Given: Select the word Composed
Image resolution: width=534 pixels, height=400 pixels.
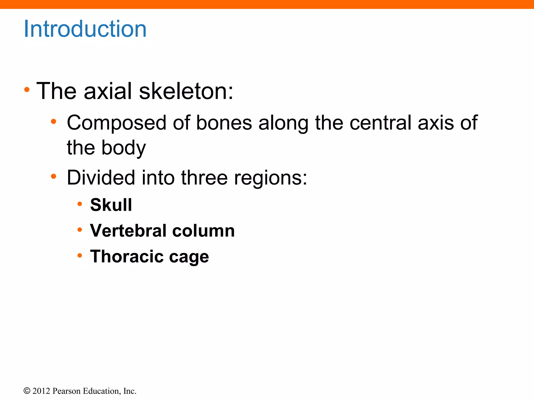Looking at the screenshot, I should coord(116,123).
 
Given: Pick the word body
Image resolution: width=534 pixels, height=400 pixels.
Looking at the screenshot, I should coord(124,148).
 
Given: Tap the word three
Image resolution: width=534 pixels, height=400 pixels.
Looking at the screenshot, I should coord(204,178).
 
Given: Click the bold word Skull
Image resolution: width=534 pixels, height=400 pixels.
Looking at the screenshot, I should coord(111,205).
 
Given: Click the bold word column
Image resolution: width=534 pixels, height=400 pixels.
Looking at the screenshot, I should coord(203,231).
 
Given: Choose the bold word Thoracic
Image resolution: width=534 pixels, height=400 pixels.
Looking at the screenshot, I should coord(127,257).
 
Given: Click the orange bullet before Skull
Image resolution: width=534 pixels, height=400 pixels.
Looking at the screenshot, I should coord(80,204).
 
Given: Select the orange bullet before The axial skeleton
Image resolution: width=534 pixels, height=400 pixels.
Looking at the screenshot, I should coord(27,90).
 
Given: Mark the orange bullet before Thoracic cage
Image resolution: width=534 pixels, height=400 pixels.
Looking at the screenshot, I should coord(80,255).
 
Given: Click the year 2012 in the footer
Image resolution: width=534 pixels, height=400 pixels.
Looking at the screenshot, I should coord(41,391).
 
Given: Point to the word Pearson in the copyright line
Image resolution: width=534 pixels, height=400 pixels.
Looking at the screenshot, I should coord(66,391).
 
